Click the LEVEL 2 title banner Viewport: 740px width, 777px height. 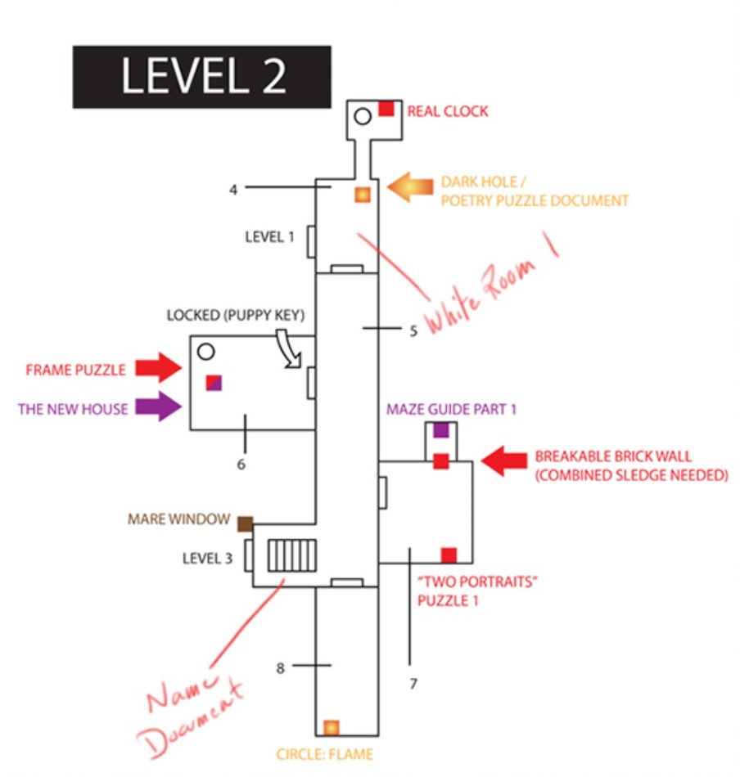point(202,77)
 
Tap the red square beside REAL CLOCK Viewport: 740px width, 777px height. point(386,109)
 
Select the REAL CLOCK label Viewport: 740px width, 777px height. point(448,111)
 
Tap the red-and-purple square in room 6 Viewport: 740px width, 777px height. point(213,382)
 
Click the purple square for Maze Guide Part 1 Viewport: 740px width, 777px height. point(441,429)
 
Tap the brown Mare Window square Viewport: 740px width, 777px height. point(244,524)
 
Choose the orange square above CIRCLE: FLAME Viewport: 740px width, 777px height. point(331,726)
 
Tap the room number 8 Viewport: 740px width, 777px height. point(280,667)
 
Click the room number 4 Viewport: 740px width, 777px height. point(233,189)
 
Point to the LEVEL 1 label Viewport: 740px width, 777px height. point(269,237)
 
